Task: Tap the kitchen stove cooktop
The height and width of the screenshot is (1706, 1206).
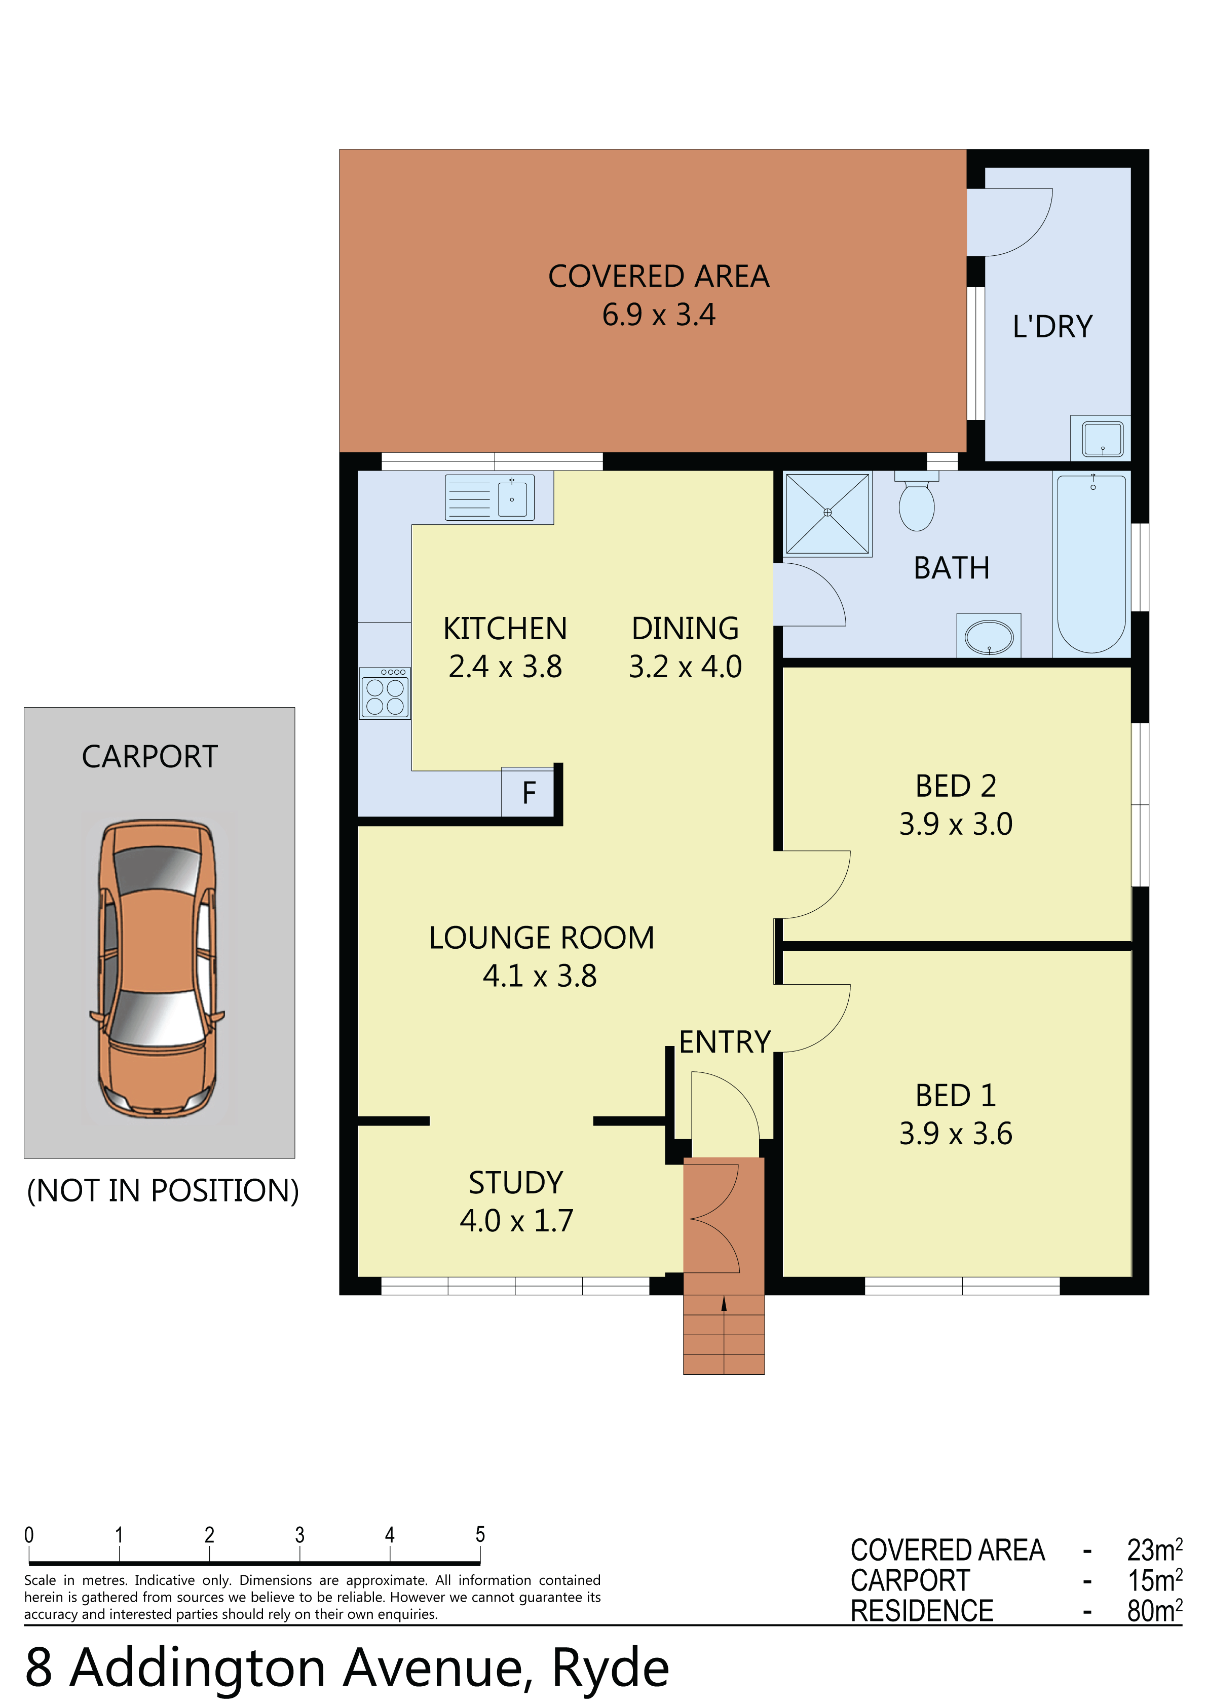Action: [x=385, y=693]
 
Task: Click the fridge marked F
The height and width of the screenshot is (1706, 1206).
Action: [x=528, y=792]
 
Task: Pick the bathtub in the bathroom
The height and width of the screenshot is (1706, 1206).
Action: [x=1091, y=564]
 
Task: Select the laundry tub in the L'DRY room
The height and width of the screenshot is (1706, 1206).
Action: [x=1101, y=438]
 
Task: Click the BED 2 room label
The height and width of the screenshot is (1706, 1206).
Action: [x=956, y=786]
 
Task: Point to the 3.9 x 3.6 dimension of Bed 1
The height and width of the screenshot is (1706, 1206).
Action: [x=956, y=1133]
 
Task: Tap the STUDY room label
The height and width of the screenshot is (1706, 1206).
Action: [x=516, y=1182]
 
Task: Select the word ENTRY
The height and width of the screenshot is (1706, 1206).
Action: [x=725, y=1042]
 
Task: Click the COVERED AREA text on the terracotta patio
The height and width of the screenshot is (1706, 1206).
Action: [x=659, y=277]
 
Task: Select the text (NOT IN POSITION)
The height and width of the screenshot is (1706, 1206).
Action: [x=163, y=1190]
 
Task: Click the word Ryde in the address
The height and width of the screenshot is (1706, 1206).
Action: [x=610, y=1668]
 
